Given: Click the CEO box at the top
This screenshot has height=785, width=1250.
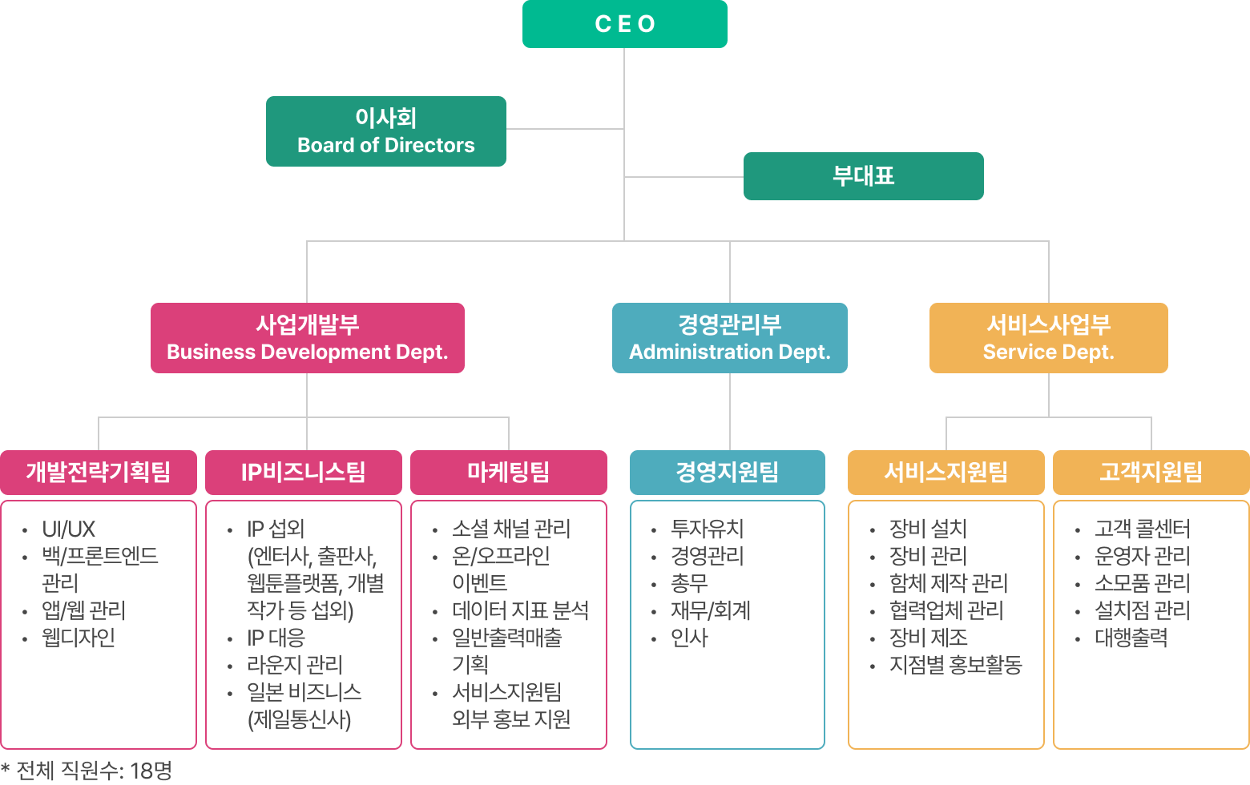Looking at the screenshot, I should [625, 24].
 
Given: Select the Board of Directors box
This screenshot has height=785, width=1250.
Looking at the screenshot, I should [385, 131].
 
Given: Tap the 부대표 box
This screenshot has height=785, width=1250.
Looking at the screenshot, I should [863, 176].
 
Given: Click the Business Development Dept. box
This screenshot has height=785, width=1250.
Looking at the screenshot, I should [307, 337].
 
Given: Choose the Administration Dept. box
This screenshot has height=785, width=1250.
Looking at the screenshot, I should [729, 337].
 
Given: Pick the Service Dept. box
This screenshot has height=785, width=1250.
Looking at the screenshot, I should [1048, 337].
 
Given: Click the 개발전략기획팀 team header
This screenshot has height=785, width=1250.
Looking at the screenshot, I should [98, 472].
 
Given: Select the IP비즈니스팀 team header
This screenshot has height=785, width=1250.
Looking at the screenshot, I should [303, 472].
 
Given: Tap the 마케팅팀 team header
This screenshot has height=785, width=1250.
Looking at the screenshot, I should [508, 472].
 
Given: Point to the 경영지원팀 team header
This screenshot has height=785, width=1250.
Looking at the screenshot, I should [727, 472].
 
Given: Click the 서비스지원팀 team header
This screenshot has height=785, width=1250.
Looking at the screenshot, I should [946, 472].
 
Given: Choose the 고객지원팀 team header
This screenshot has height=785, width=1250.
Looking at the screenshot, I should [1151, 472].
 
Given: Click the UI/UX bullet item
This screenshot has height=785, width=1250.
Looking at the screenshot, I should [69, 529].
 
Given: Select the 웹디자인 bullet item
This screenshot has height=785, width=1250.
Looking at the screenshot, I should [79, 638].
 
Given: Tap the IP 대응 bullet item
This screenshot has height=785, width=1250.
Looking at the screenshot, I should [276, 638].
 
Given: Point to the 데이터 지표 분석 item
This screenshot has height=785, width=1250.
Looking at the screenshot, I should [520, 611].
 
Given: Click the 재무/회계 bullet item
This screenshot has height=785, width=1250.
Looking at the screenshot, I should [710, 611].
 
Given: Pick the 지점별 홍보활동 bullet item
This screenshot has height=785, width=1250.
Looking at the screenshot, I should [955, 666].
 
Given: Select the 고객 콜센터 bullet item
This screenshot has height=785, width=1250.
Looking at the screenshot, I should [1142, 529].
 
